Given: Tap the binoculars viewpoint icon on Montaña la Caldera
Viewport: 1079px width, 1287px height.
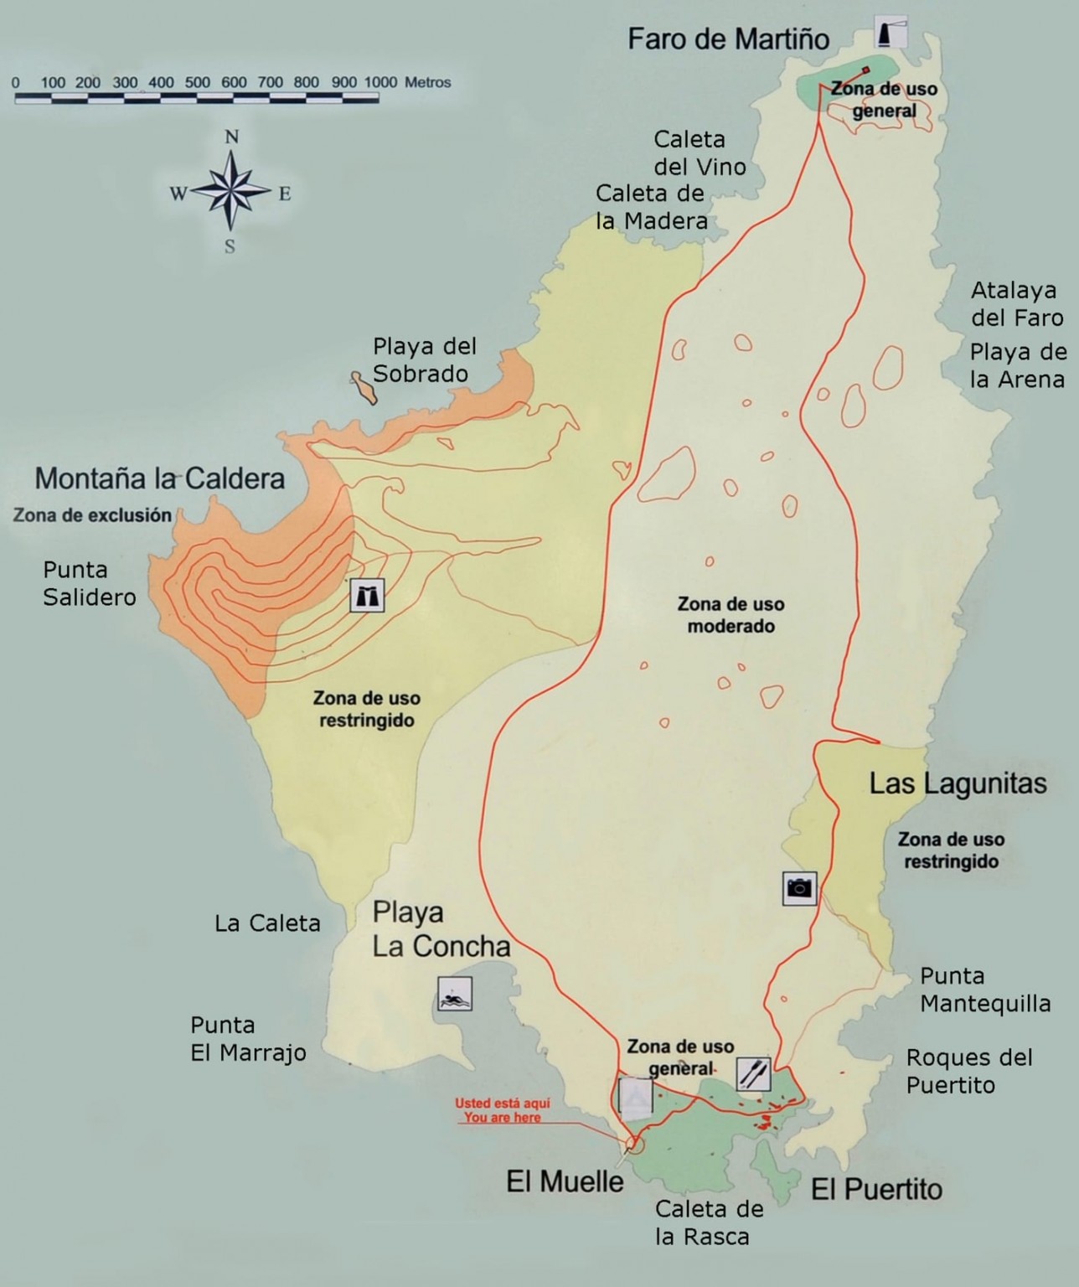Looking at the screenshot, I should [367, 596].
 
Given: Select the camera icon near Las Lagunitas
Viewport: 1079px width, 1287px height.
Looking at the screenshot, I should [799, 887].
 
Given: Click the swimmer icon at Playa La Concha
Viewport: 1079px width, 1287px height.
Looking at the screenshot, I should [454, 995].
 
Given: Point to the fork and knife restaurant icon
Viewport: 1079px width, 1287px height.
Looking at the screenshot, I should [753, 1073].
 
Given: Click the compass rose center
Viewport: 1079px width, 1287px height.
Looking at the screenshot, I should [231, 192].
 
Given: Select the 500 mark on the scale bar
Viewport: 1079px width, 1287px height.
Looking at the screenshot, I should [198, 82].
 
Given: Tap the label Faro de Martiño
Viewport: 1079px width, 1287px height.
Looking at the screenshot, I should [728, 39].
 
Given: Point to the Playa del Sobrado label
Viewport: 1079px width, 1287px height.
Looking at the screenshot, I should [424, 359].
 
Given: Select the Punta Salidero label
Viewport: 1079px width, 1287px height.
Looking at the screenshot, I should [89, 583].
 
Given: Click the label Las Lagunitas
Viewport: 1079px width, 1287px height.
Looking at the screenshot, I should [958, 783].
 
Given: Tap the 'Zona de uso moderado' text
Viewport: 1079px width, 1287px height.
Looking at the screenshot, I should [731, 614].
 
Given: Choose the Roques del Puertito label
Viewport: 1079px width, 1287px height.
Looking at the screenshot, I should [968, 1071].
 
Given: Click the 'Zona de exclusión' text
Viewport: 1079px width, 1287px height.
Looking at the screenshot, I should [92, 515].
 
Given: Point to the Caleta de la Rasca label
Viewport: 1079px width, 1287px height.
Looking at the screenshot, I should [709, 1222].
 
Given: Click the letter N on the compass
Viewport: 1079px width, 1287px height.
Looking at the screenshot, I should [232, 137].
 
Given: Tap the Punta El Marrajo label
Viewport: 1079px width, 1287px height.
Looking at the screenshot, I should [248, 1038].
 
